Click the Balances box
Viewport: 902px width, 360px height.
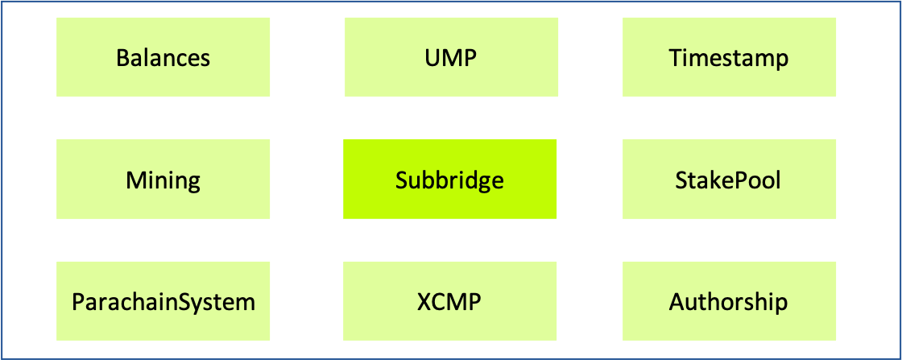(x=163, y=57)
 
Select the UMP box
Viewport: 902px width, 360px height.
(x=451, y=57)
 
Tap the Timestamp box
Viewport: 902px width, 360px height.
(x=729, y=57)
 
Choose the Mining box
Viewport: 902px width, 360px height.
(x=163, y=179)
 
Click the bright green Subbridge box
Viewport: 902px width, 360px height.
(x=449, y=179)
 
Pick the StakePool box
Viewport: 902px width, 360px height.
(x=729, y=179)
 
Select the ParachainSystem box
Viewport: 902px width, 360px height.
(x=163, y=301)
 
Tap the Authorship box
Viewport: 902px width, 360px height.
(x=729, y=301)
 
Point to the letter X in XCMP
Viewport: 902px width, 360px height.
(x=425, y=302)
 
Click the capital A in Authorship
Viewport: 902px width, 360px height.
(x=676, y=302)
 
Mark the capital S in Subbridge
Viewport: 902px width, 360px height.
(x=401, y=180)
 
